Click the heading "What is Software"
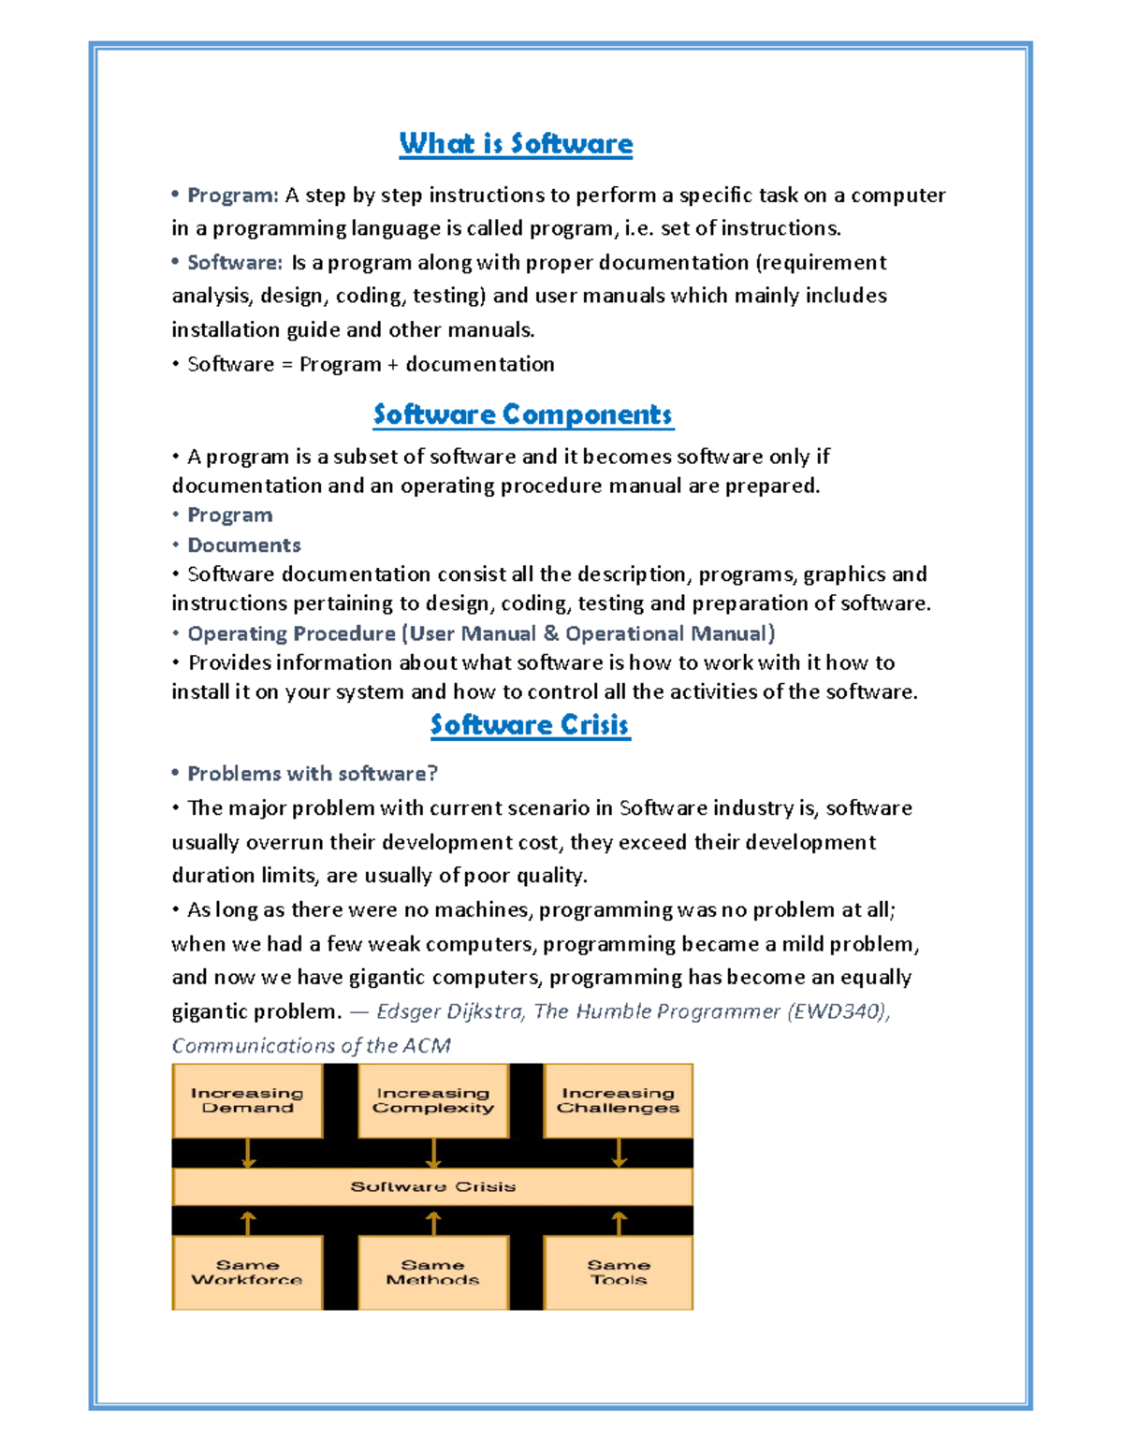point(516,143)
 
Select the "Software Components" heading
point(523,414)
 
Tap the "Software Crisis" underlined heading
point(530,724)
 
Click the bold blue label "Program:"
point(233,195)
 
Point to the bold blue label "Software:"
point(235,262)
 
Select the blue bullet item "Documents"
point(244,545)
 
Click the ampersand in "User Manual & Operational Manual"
point(551,633)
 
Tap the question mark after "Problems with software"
point(432,774)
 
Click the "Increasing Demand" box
point(247,1100)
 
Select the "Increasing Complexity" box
point(433,1100)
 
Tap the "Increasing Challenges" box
point(619,1100)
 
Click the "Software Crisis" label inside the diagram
point(433,1186)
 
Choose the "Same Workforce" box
point(247,1272)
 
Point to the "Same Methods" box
point(433,1272)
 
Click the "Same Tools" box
point(619,1272)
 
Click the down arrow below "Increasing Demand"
point(248,1153)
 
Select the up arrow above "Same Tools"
point(619,1222)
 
